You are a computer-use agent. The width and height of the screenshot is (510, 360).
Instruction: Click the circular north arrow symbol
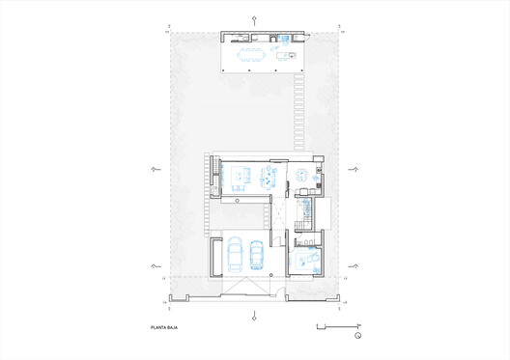(x=357, y=335)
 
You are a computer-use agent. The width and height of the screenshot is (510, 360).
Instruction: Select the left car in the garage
(x=235, y=255)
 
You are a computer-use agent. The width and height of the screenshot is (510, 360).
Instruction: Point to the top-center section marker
(x=254, y=18)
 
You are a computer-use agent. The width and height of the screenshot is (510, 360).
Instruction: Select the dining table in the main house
(x=268, y=176)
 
